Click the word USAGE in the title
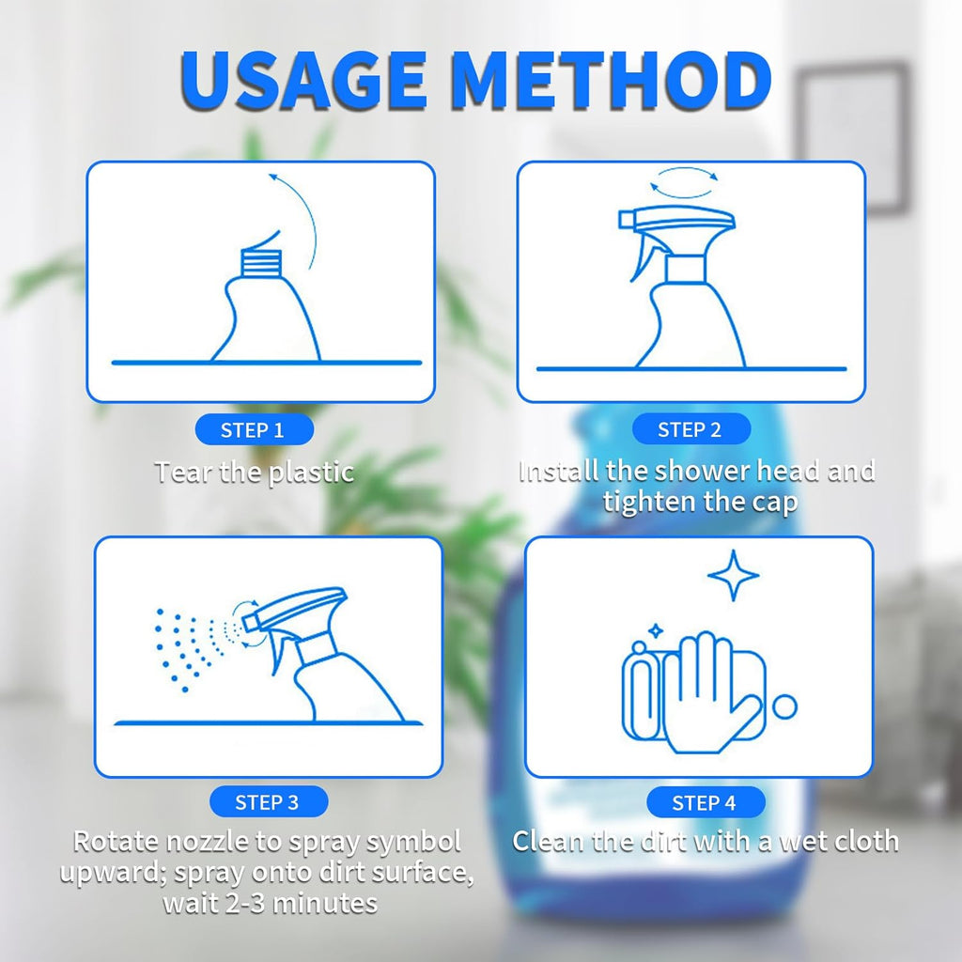(x=303, y=81)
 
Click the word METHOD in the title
(x=613, y=81)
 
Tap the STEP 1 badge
(x=254, y=429)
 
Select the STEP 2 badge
(x=691, y=428)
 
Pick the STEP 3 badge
(x=269, y=801)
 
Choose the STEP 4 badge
(x=706, y=802)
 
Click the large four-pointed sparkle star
(x=733, y=576)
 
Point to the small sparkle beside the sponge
(x=656, y=630)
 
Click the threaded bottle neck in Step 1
(x=261, y=264)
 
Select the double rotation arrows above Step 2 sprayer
(x=684, y=182)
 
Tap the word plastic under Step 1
(x=312, y=473)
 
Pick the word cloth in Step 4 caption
(x=867, y=841)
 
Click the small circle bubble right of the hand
(x=784, y=706)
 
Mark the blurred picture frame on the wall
(x=853, y=138)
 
